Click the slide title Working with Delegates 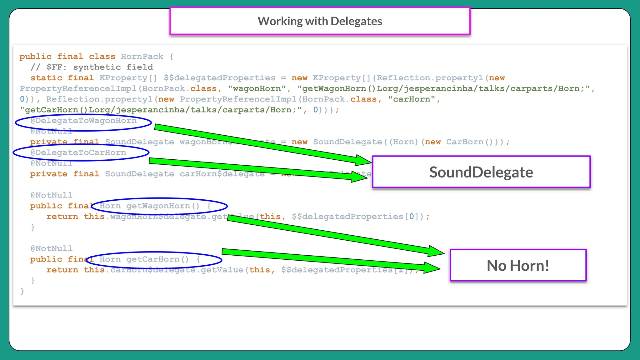(x=320, y=21)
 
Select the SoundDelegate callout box (x=481, y=172)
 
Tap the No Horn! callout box (x=518, y=265)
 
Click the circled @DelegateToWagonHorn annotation (x=83, y=121)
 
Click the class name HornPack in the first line (x=142, y=57)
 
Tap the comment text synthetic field (x=113, y=67)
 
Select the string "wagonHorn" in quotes (x=257, y=89)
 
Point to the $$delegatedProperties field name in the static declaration (x=219, y=78)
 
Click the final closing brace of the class (x=22, y=291)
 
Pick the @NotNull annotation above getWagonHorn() (x=51, y=195)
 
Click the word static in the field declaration (x=46, y=78)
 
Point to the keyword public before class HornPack (x=35, y=57)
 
